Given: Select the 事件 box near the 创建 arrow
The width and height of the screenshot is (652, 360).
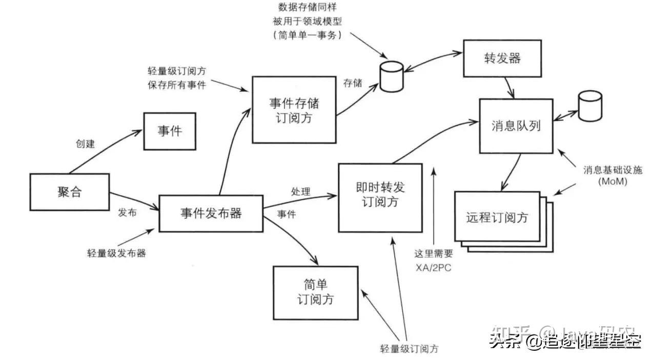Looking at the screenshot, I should tap(169, 131).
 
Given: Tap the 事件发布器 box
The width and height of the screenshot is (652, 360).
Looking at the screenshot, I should tap(211, 213).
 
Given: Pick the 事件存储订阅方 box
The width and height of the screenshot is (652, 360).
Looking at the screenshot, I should tap(294, 109).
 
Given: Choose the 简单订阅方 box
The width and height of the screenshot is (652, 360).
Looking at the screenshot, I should tap(315, 292).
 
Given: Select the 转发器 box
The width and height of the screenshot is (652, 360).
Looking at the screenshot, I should tap(502, 58).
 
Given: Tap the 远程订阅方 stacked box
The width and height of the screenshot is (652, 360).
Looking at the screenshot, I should tap(497, 217).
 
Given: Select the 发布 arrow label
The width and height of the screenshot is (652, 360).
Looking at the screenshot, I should tap(127, 212).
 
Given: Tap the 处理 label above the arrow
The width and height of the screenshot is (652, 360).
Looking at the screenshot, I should tap(301, 192).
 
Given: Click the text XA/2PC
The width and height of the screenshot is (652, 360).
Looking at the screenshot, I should tap(433, 268).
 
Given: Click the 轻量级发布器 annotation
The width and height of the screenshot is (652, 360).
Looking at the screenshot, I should tap(116, 253).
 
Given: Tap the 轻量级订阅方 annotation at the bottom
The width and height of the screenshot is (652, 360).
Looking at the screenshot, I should tap(409, 349).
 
